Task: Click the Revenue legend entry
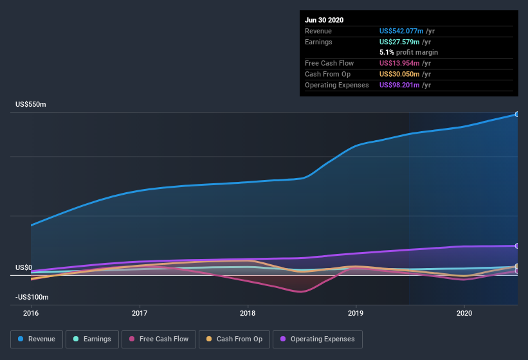[37, 339]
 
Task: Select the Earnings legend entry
[92, 339]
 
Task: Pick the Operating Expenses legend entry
[318, 339]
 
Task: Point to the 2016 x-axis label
[31, 313]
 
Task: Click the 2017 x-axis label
[140, 313]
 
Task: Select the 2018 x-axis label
[248, 313]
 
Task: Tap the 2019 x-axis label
[356, 313]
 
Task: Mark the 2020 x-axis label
[464, 313]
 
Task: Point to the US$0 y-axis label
[24, 267]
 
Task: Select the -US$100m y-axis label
[32, 297]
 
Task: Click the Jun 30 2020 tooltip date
[324, 20]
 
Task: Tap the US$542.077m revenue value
[401, 31]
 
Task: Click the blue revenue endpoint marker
[517, 114]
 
